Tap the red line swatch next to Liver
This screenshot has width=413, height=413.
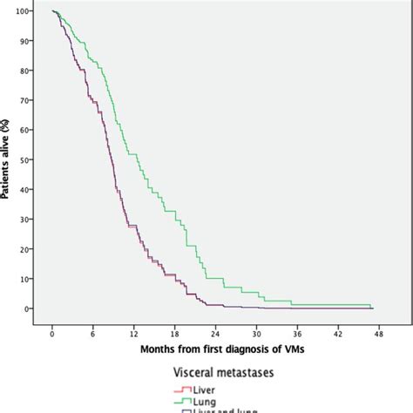point(185,389)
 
